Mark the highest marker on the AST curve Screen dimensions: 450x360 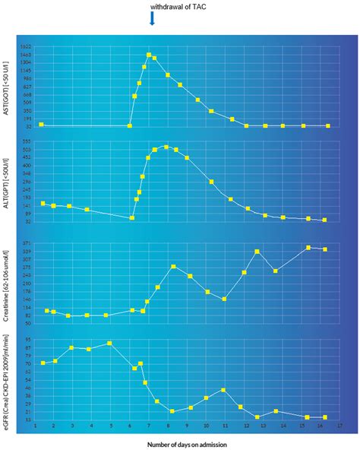pos(149,55)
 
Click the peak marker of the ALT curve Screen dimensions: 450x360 pos(166,147)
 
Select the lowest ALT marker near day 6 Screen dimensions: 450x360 pos(132,217)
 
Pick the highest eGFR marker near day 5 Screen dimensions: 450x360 pos(110,343)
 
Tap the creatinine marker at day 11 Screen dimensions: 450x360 pos(224,299)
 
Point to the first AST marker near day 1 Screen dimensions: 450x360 pos(41,124)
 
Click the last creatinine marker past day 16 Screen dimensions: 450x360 pos(325,249)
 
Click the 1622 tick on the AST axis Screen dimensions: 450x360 pos(26,47)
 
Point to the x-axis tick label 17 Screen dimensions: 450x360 pos(339,426)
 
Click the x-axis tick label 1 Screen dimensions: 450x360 pos(35,426)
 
